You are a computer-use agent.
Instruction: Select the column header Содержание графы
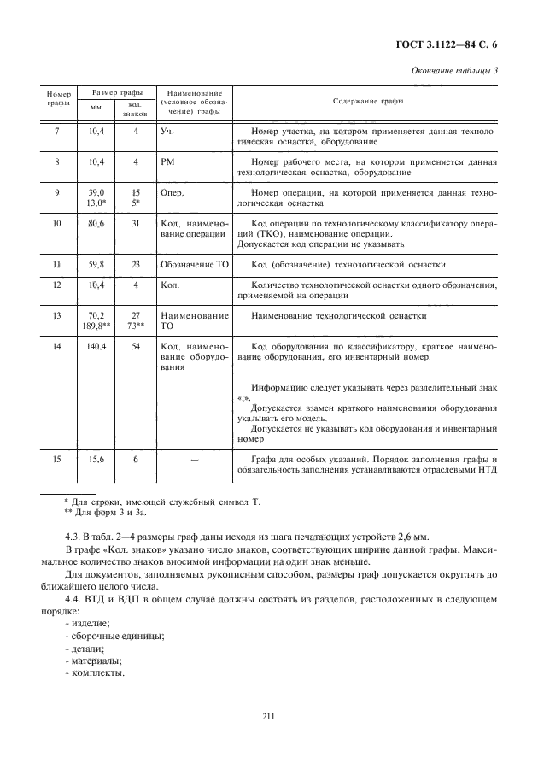tap(369, 101)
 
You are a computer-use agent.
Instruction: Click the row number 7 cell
tap(57, 132)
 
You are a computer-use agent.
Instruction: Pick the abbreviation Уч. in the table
tap(168, 132)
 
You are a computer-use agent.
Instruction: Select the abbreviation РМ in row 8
tap(168, 161)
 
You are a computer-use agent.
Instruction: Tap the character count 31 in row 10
tap(135, 224)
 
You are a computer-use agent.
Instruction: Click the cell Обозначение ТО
tap(194, 266)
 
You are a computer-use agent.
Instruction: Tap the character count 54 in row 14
tap(135, 347)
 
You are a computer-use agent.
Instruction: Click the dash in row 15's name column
tap(194, 460)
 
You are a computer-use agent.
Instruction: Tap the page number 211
tap(269, 719)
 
